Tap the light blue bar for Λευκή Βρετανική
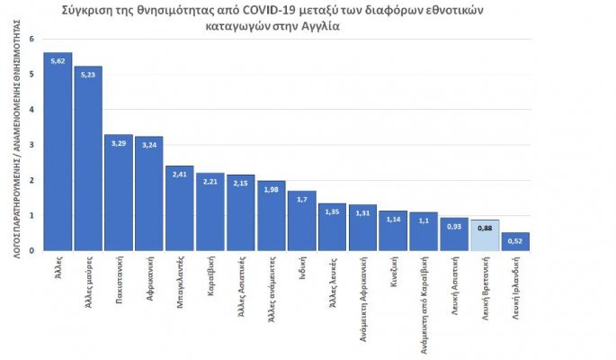pyautogui.click(x=485, y=235)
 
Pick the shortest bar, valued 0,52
pyautogui.click(x=515, y=241)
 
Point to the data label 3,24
pyautogui.click(x=149, y=142)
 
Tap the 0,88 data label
pyautogui.click(x=485, y=226)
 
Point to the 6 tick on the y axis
pyautogui.click(x=31, y=40)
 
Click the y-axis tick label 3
pyautogui.click(x=31, y=145)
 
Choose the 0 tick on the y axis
pyautogui.click(x=31, y=250)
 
